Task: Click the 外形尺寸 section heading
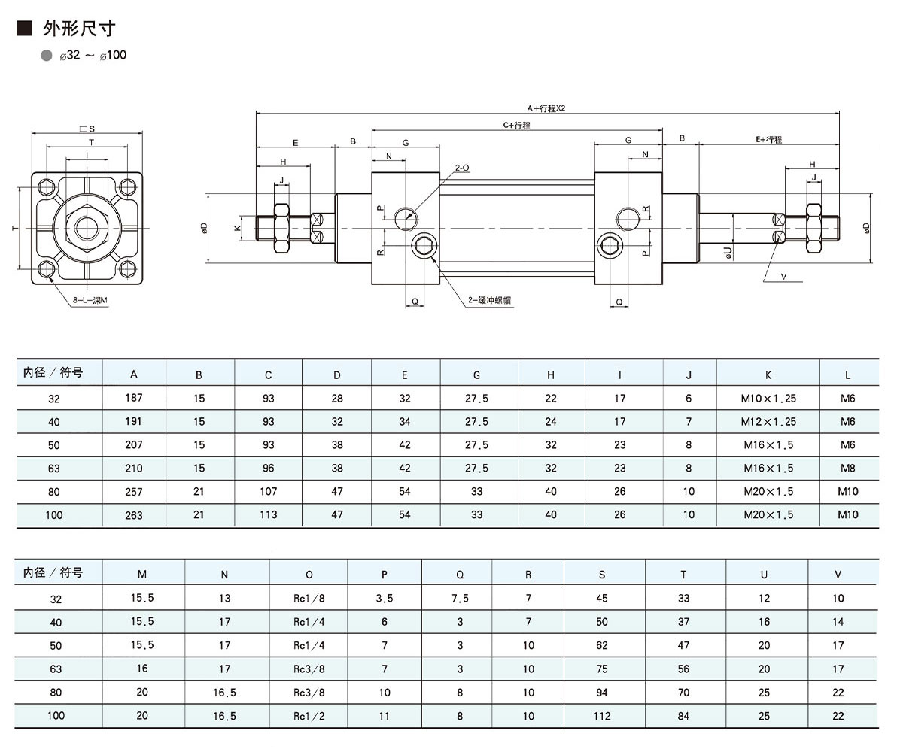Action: (78, 29)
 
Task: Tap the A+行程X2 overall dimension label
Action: (546, 108)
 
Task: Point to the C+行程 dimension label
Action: (516, 126)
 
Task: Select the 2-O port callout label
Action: (463, 168)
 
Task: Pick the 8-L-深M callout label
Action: (90, 300)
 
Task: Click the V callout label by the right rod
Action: (783, 276)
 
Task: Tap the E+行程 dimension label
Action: (768, 140)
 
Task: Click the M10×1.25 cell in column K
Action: (769, 399)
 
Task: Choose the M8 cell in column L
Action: (847, 468)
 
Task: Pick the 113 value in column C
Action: (269, 515)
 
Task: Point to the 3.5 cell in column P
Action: (384, 599)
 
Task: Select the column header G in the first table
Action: (476, 374)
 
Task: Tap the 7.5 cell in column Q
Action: (460, 599)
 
